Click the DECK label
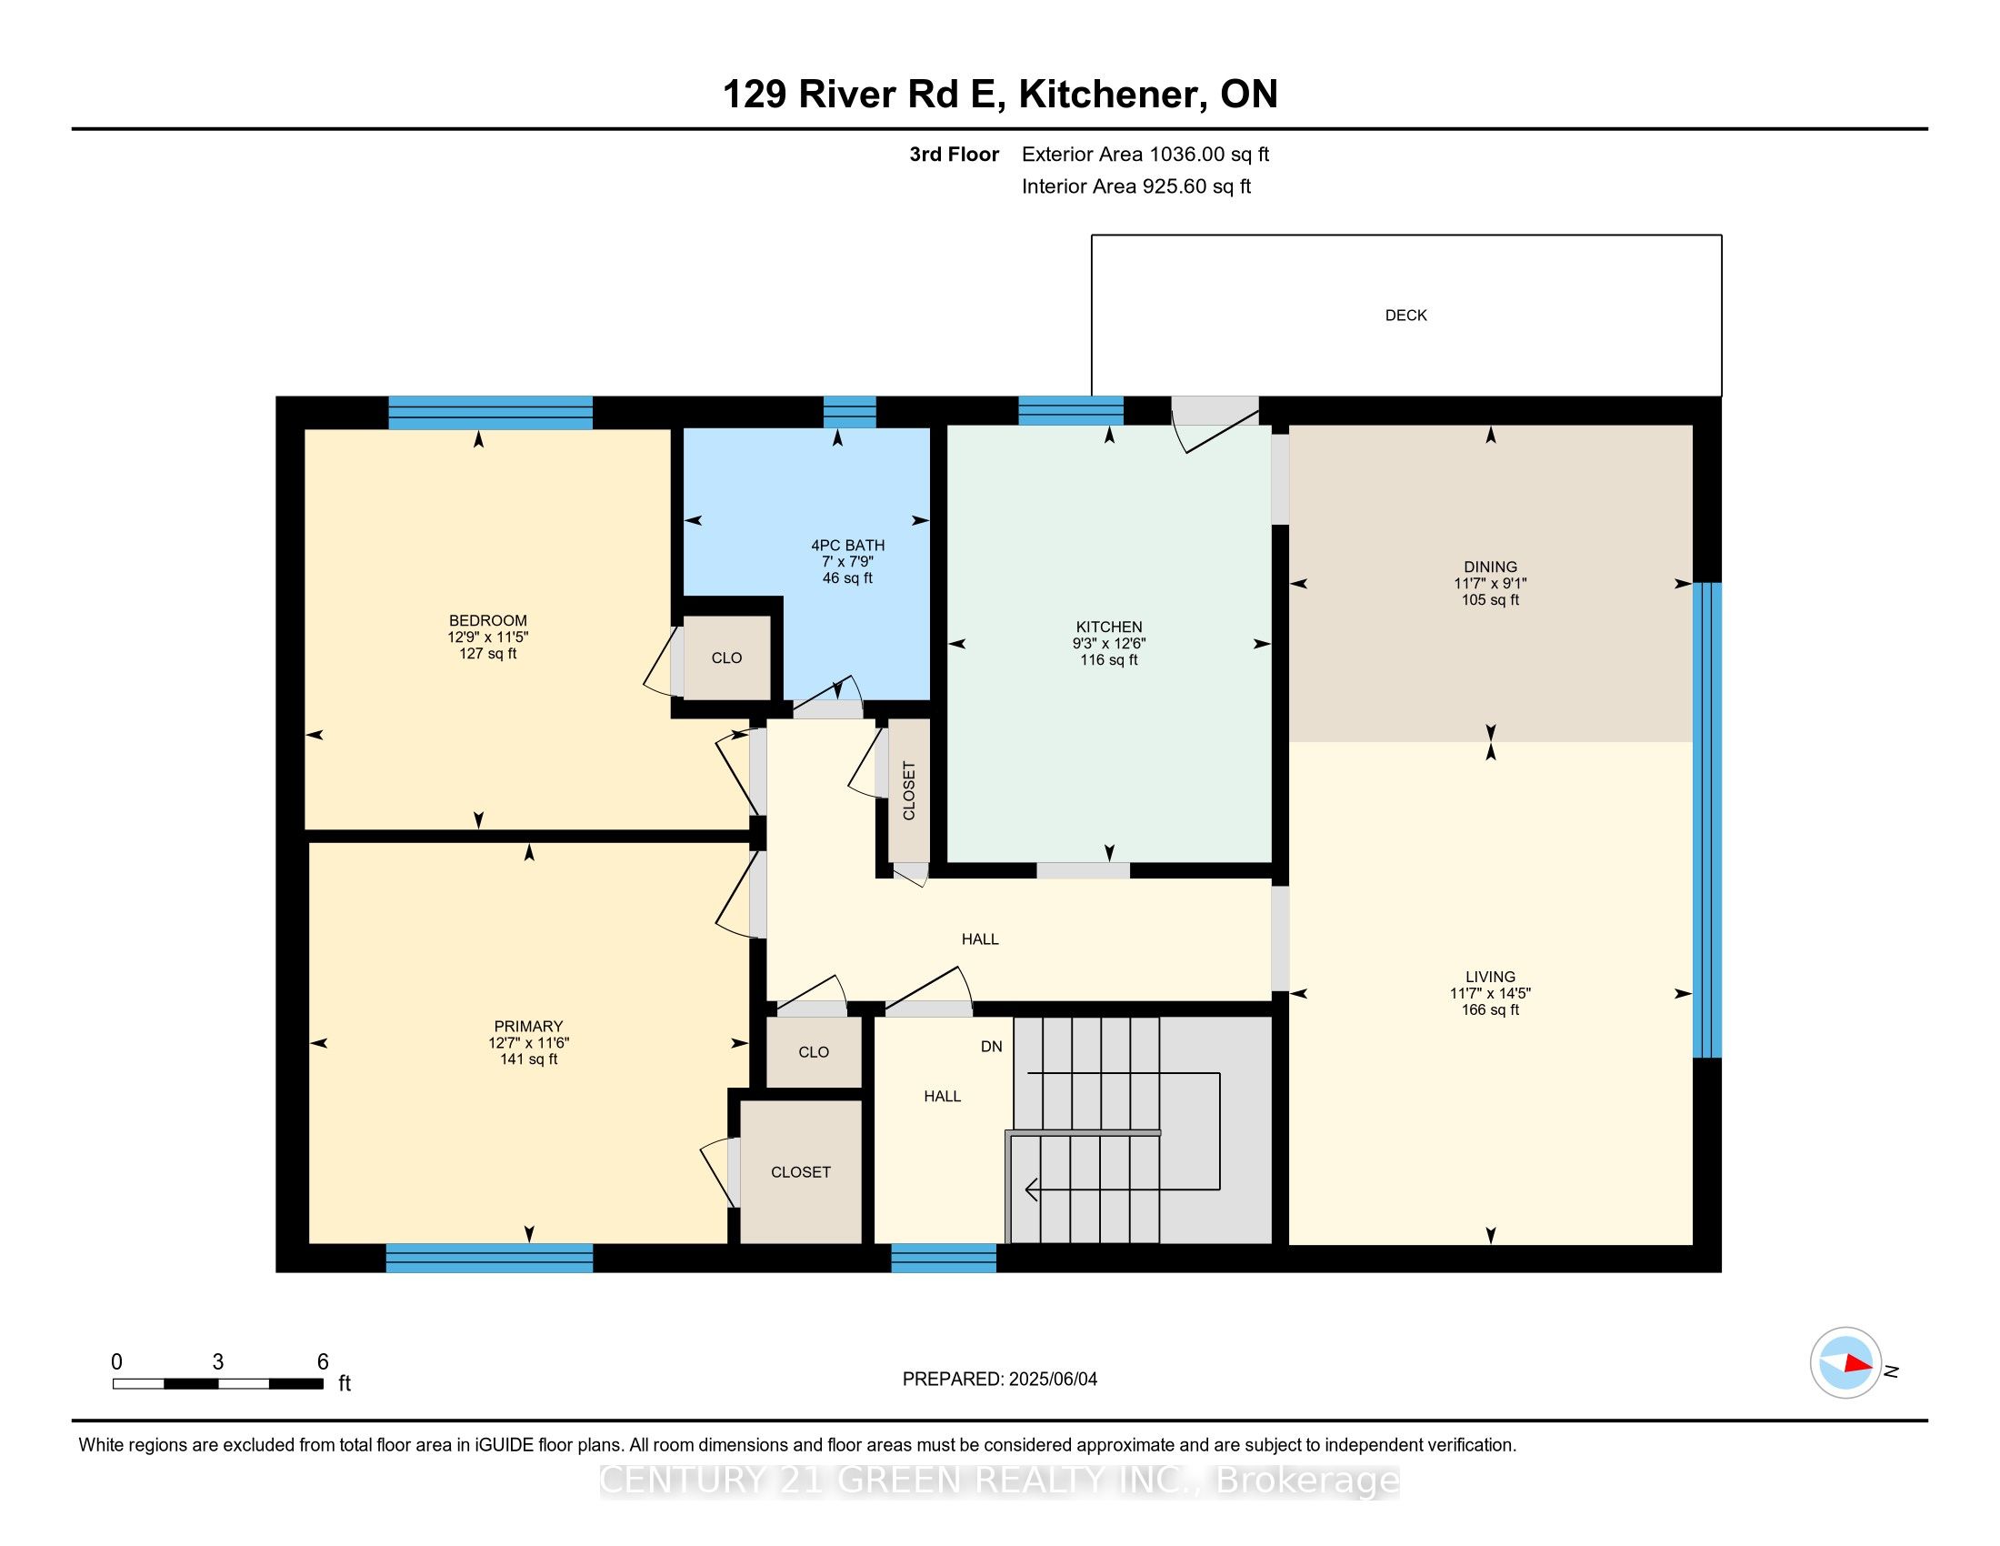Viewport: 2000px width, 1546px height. [x=1405, y=315]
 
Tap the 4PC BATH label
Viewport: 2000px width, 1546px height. [x=847, y=545]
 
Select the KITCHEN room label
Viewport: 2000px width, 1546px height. [x=1109, y=627]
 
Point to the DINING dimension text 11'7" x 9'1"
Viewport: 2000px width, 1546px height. [x=1490, y=584]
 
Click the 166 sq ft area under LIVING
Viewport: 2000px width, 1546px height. [x=1490, y=1009]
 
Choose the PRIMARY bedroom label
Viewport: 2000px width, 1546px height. [x=528, y=1026]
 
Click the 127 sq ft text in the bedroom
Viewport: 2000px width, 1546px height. [x=488, y=653]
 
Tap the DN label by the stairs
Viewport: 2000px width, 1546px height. [x=992, y=1046]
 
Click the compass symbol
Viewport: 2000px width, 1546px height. [x=1845, y=1363]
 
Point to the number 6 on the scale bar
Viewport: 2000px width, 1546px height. [x=323, y=1362]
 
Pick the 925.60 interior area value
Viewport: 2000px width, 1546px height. [x=1173, y=186]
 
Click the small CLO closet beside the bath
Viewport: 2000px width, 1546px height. [x=727, y=658]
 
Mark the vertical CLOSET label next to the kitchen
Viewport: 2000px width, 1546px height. [x=909, y=790]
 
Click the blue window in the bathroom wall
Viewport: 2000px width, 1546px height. [x=849, y=412]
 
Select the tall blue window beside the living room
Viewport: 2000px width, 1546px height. [x=1707, y=819]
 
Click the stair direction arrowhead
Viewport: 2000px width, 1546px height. [x=1031, y=1190]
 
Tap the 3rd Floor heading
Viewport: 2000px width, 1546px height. [x=954, y=155]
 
